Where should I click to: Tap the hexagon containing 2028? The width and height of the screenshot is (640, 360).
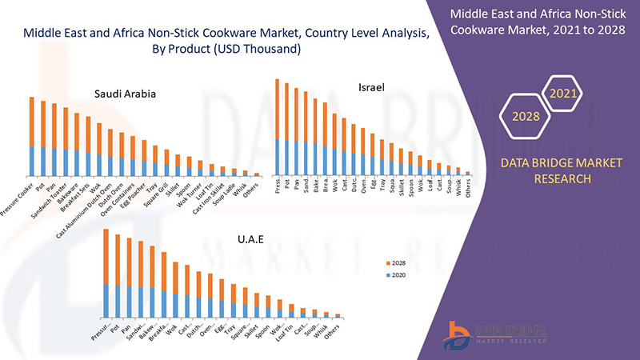pyautogui.click(x=525, y=117)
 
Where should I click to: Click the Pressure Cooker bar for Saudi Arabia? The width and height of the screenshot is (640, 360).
pyautogui.click(x=32, y=136)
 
